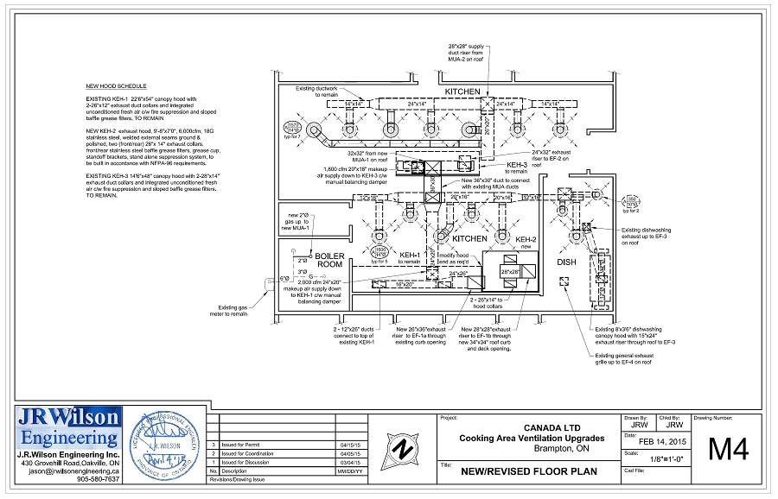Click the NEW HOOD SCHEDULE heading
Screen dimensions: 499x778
116,86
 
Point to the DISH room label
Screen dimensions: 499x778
565,262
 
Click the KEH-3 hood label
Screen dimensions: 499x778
517,164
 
